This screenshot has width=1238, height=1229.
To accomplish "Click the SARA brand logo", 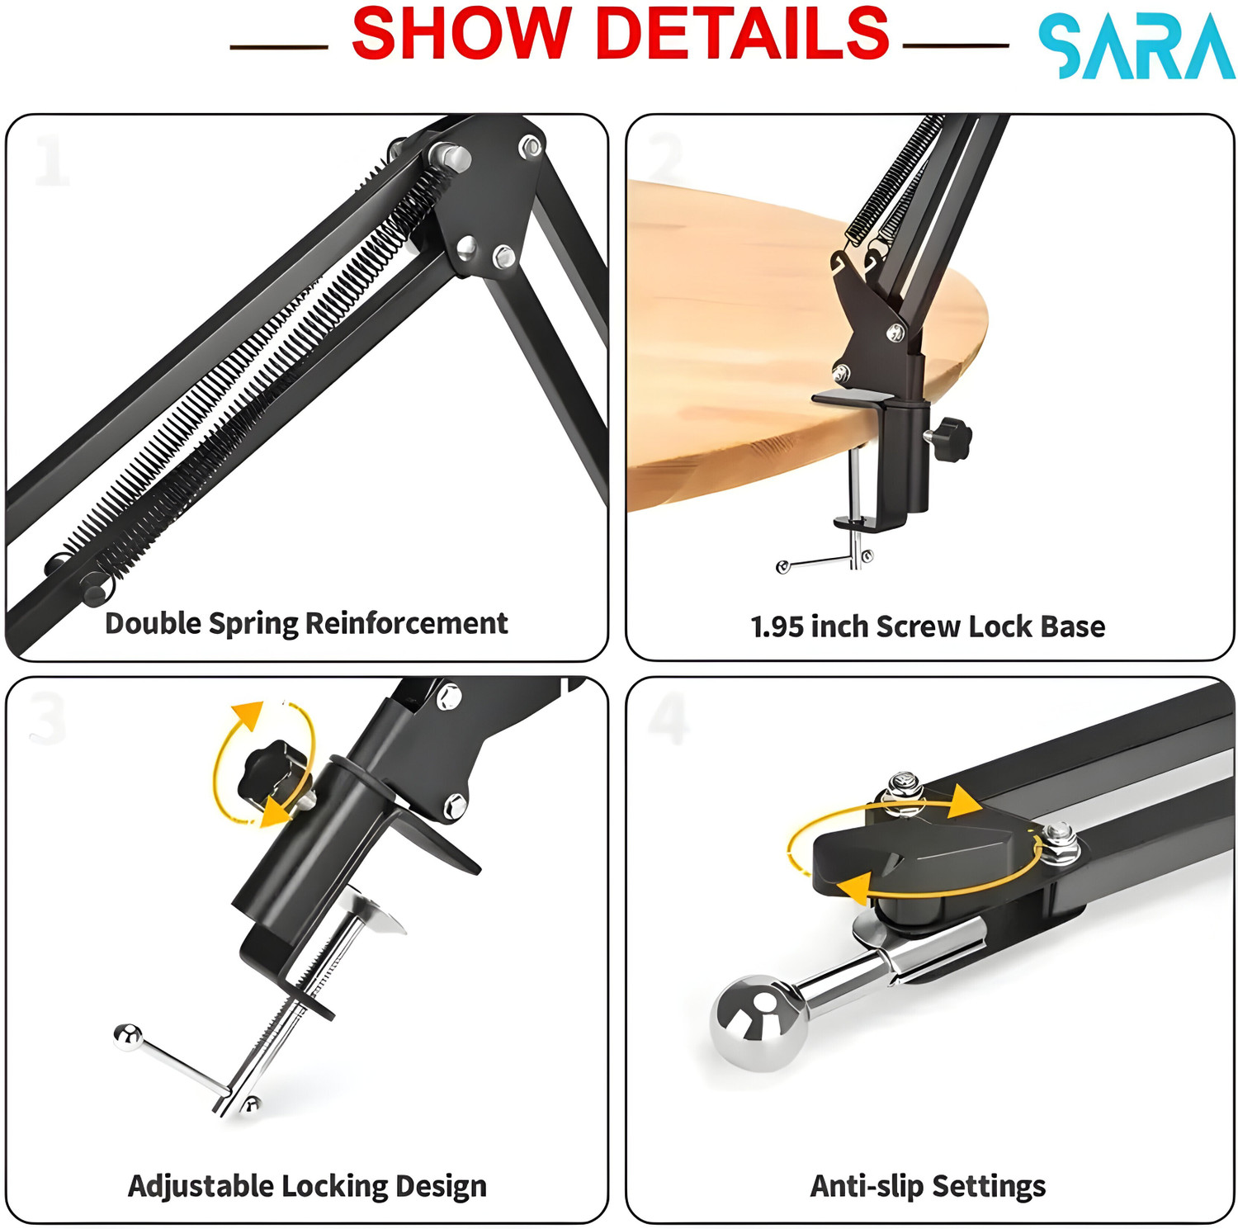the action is coord(1136,47).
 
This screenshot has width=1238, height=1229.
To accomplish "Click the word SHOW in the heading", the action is coord(461,33).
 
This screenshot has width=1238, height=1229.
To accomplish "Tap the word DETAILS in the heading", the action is coord(742,33).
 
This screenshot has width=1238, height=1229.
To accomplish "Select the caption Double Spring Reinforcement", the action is coord(306,623).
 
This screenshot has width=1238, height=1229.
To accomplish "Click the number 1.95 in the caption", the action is coord(777,626).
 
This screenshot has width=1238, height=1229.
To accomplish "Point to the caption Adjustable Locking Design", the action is coord(307,1186).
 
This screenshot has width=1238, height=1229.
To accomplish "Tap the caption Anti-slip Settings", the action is coord(928,1186).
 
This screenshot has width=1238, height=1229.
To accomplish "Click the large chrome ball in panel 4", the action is coord(758,1023).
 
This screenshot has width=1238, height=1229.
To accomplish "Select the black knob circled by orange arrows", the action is coord(270,774).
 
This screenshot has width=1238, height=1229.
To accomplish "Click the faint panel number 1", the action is coord(51,161).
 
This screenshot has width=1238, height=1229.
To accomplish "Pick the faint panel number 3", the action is coord(46,719).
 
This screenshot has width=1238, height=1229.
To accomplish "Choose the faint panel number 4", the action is coord(669,718).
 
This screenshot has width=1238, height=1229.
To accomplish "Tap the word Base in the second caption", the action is coord(1072,626).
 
